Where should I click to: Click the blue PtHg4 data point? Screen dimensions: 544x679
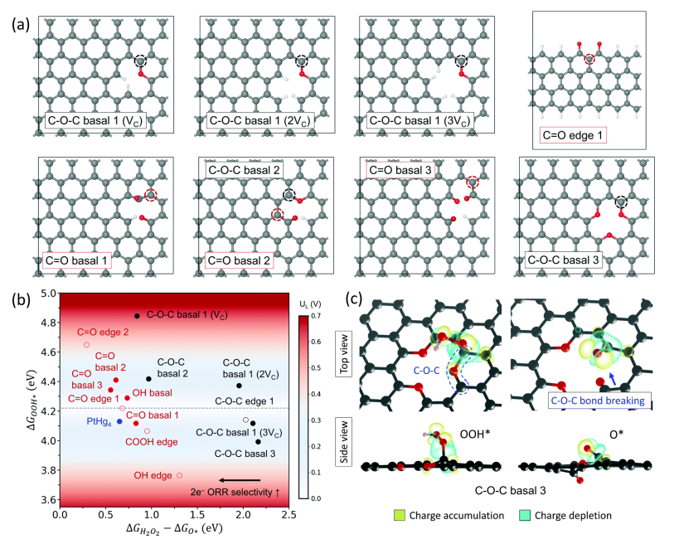[x=119, y=421]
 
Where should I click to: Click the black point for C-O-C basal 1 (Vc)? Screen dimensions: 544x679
[x=137, y=316]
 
